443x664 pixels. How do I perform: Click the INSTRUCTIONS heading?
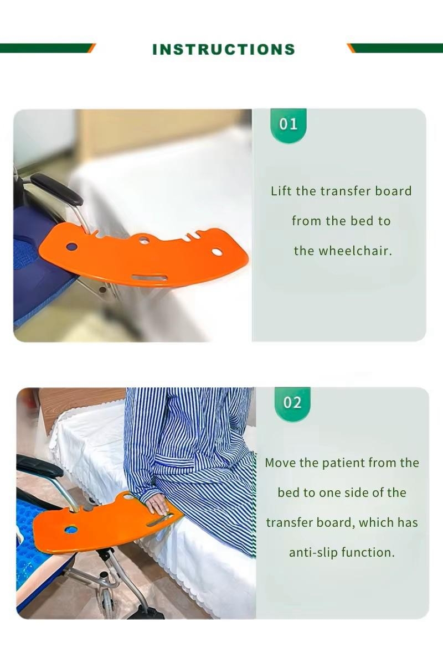pyautogui.click(x=223, y=49)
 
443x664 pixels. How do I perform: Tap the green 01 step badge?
pyautogui.click(x=288, y=125)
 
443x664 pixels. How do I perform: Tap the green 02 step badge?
pyautogui.click(x=292, y=403)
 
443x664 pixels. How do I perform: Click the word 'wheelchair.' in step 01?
pyautogui.click(x=356, y=251)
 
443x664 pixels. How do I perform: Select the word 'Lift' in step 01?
pyautogui.click(x=281, y=191)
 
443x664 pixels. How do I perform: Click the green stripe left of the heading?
pyautogui.click(x=48, y=48)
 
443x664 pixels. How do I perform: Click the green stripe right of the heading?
pyautogui.click(x=395, y=48)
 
